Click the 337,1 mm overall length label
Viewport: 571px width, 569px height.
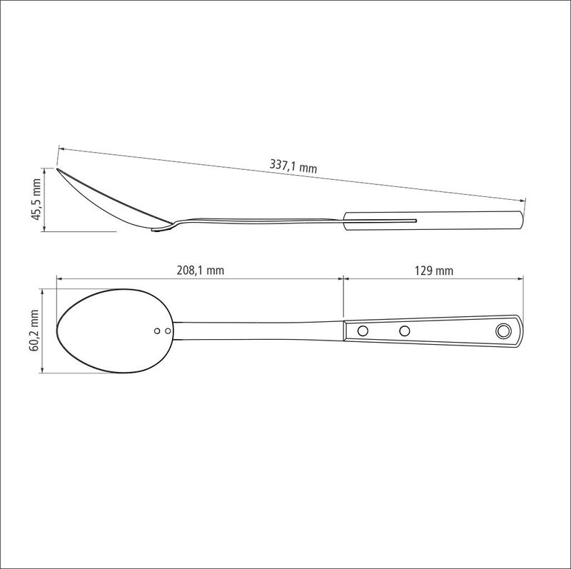pyautogui.click(x=293, y=166)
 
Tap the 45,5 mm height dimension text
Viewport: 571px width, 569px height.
pyautogui.click(x=37, y=199)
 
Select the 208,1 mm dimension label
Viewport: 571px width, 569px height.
pyautogui.click(x=201, y=271)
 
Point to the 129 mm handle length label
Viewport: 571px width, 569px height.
pyautogui.click(x=434, y=271)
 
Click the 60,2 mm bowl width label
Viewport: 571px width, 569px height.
pyautogui.click(x=34, y=331)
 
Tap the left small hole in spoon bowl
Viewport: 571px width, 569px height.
pyautogui.click(x=157, y=331)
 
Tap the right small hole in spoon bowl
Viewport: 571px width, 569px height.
pyautogui.click(x=168, y=331)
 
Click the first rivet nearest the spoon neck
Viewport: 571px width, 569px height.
pyautogui.click(x=363, y=331)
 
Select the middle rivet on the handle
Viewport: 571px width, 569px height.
pyautogui.click(x=404, y=331)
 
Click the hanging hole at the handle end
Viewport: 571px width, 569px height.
pyautogui.click(x=503, y=331)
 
